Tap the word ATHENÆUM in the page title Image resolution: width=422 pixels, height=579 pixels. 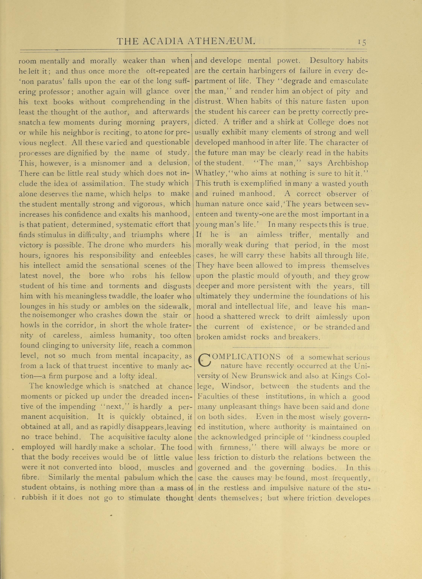coord(221,41)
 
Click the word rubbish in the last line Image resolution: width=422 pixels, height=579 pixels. coord(34,498)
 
